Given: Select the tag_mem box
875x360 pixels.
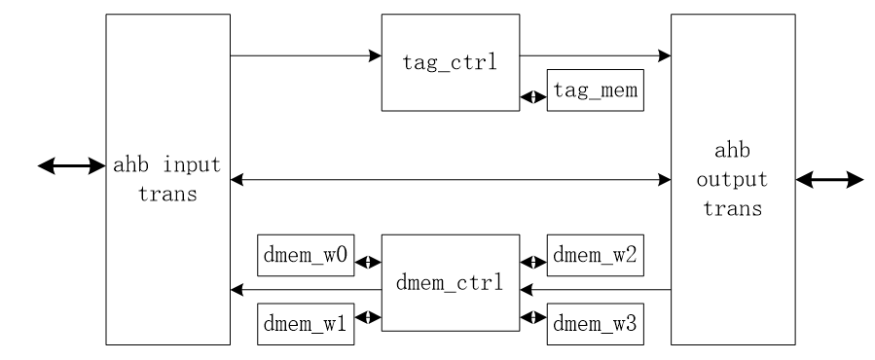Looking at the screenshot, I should (594, 90).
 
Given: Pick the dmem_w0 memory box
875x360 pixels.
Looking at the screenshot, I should (305, 262).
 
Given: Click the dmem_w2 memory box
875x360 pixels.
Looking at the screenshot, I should (594, 262).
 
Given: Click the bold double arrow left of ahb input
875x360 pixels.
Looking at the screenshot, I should (70, 166).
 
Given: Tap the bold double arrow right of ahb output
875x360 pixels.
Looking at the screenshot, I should (829, 180).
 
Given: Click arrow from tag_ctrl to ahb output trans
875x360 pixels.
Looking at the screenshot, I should (594, 55).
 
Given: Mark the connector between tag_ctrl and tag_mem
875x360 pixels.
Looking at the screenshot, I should (532, 97).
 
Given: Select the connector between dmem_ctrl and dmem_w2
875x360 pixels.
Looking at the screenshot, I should (532, 262).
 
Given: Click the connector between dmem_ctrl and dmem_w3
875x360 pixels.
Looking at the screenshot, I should (532, 317).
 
